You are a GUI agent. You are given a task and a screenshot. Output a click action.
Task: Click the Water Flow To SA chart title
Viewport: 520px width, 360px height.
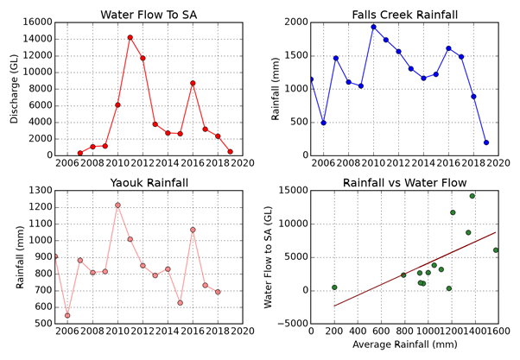coord(149,16)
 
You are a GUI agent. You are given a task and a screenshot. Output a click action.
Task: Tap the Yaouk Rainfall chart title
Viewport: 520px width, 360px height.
coord(149,183)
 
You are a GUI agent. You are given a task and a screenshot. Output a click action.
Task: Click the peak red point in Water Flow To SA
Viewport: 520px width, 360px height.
coord(130,37)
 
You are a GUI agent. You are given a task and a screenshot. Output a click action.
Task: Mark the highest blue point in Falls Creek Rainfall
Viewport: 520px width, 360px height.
coord(373,27)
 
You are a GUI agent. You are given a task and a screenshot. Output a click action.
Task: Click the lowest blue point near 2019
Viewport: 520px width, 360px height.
coord(485,142)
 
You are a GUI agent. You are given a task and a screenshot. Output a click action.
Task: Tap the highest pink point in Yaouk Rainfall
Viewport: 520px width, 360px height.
coord(117,205)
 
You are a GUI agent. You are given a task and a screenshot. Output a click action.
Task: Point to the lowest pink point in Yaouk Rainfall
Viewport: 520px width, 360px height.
coord(67,316)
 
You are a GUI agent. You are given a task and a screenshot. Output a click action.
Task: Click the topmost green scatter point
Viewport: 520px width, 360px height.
coord(472,196)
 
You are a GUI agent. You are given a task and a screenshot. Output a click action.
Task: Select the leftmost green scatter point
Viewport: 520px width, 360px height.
coord(334,287)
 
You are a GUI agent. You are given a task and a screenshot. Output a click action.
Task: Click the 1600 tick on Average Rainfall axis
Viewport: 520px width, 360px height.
coord(497,332)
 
